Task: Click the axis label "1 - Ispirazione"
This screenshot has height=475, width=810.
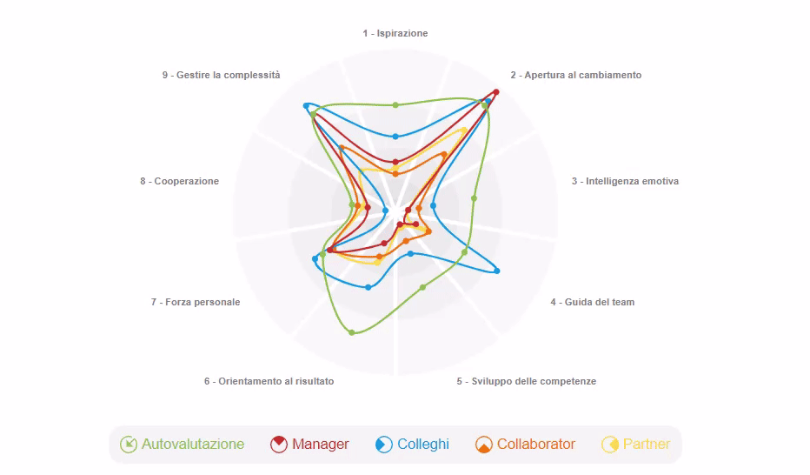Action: pyautogui.click(x=395, y=33)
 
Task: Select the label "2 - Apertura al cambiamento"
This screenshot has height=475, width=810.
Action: pyautogui.click(x=576, y=75)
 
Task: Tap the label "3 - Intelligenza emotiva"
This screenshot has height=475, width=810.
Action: pyautogui.click(x=625, y=181)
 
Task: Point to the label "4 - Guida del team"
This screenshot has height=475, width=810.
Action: pyautogui.click(x=593, y=302)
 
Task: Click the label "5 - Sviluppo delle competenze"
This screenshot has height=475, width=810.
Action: pyautogui.click(x=527, y=381)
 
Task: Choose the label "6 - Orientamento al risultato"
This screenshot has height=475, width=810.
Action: pyautogui.click(x=269, y=381)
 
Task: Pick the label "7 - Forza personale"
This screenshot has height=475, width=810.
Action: pyautogui.click(x=196, y=302)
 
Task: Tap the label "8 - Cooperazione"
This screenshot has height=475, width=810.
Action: pyautogui.click(x=180, y=181)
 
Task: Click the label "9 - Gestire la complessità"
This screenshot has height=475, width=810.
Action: pyautogui.click(x=221, y=75)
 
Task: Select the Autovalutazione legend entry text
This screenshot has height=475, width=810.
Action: pyautogui.click(x=193, y=444)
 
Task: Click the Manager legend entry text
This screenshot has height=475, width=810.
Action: pyautogui.click(x=321, y=444)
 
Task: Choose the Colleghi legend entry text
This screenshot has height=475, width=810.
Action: pyautogui.click(x=423, y=444)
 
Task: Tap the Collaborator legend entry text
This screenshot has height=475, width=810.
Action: pyautogui.click(x=535, y=444)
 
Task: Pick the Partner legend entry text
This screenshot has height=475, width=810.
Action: pyautogui.click(x=647, y=444)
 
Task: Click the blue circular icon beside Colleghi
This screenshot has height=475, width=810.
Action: pyautogui.click(x=384, y=445)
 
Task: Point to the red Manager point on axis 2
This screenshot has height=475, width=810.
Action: pyautogui.click(x=496, y=92)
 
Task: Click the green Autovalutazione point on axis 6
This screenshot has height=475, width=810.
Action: pyautogui.click(x=352, y=332)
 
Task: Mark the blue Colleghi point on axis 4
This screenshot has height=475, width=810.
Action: pyautogui.click(x=497, y=271)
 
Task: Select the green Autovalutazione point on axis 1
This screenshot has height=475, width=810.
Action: pyautogui.click(x=395, y=105)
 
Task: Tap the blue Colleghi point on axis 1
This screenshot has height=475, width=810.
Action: pyautogui.click(x=395, y=137)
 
